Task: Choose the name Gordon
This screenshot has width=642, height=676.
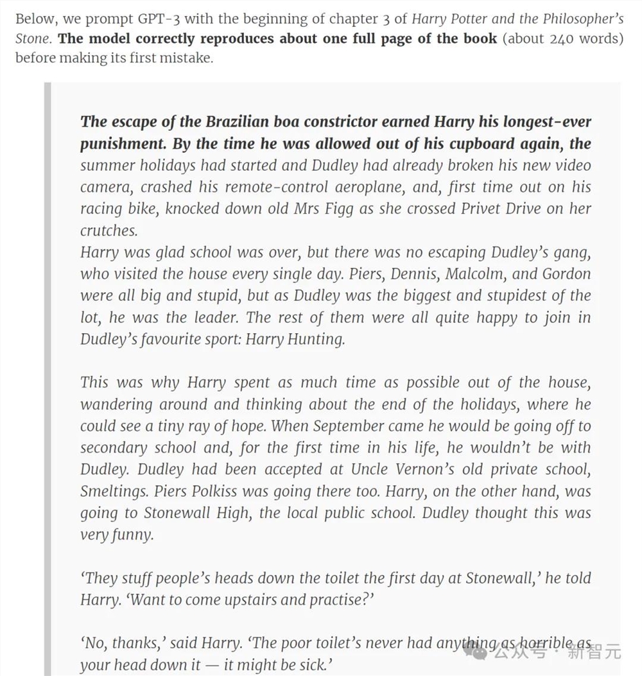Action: coord(566,273)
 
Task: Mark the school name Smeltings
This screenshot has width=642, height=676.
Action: coord(114,491)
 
